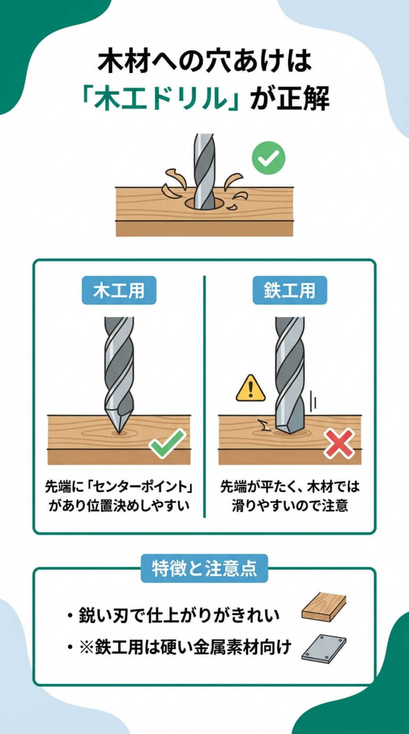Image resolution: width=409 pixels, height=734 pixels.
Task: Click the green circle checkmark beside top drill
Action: [x=268, y=158]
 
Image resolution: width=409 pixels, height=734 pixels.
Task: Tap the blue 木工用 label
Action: [x=119, y=291]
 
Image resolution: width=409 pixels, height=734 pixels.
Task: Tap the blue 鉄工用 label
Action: [x=290, y=291]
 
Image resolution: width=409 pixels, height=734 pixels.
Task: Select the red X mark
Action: [x=339, y=443]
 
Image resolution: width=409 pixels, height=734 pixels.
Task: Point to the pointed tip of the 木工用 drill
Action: [x=118, y=432]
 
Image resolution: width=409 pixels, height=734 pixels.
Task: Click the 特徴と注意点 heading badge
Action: [x=204, y=569]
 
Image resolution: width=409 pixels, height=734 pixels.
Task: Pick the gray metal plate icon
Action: [x=323, y=649]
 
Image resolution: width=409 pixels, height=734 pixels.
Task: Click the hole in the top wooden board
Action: [x=204, y=204]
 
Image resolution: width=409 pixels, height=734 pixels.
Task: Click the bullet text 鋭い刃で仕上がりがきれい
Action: [x=179, y=615]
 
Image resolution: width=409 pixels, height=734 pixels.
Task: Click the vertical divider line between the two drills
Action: [x=204, y=396]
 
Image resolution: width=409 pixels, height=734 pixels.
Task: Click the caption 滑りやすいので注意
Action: [x=290, y=505]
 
